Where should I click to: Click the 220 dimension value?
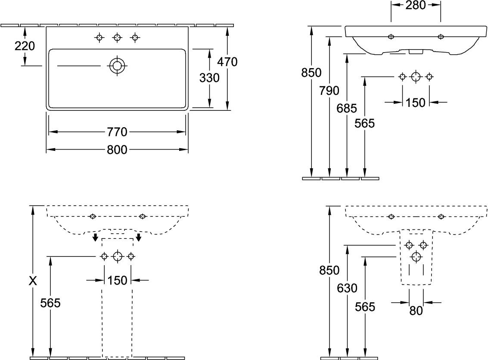click(x=25, y=46)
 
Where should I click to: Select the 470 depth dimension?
click(x=227, y=62)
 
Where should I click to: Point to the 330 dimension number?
click(x=209, y=78)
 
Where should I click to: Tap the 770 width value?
click(x=117, y=131)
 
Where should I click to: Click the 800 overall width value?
click(x=117, y=150)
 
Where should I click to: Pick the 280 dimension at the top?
click(x=415, y=5)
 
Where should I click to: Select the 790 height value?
click(x=329, y=91)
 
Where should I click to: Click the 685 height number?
click(x=347, y=109)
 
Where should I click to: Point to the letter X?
click(x=33, y=282)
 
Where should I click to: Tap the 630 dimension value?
click(x=347, y=288)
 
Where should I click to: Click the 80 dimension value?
click(x=416, y=310)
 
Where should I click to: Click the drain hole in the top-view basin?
click(x=116, y=66)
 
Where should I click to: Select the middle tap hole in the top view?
click(x=117, y=38)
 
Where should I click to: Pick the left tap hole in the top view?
click(x=99, y=38)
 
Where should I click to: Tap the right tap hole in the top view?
click(x=135, y=38)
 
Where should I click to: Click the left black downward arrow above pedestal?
click(x=95, y=238)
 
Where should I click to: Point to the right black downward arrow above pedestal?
click(x=139, y=238)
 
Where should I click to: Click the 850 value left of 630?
click(x=329, y=270)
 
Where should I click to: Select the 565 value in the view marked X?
click(x=50, y=303)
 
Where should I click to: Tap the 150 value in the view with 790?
click(x=416, y=103)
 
